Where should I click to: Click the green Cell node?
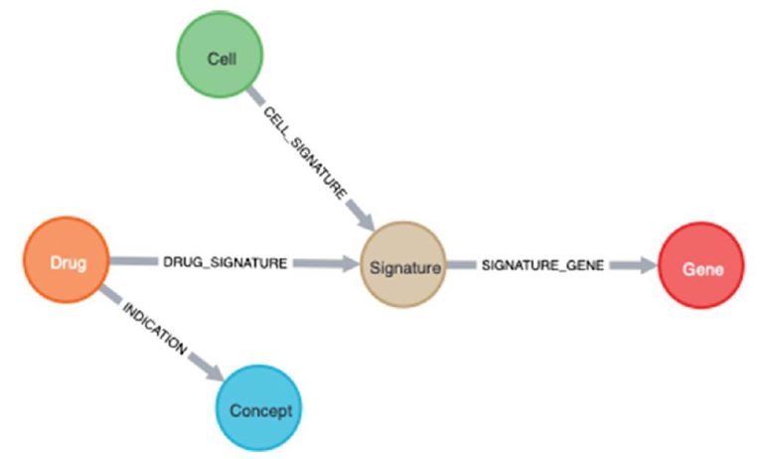[220, 59]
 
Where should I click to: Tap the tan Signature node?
[401, 265]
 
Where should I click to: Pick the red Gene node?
[700, 267]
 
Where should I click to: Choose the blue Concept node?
[256, 408]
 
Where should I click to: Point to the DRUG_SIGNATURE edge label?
[226, 263]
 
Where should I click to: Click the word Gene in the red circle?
[700, 268]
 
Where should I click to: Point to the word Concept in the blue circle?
[256, 409]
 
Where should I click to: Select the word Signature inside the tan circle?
[401, 266]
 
